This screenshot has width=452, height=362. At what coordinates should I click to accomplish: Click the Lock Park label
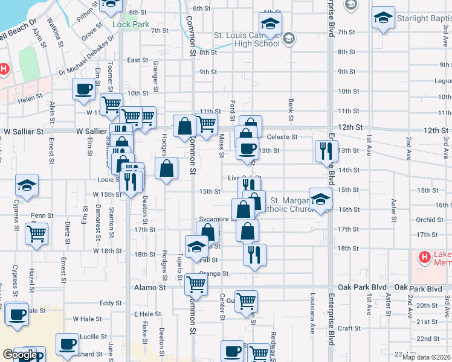point(131,25)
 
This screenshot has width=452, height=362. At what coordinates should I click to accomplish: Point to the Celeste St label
point(282,137)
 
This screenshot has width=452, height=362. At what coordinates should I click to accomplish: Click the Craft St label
point(349,327)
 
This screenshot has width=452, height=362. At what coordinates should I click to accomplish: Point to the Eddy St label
point(111,303)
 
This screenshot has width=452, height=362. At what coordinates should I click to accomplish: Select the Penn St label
point(42,215)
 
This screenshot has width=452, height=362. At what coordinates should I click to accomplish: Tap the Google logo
point(19,355)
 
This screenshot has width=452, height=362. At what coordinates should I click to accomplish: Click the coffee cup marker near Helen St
point(83,91)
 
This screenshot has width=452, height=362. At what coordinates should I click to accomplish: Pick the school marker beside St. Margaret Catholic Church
point(320,199)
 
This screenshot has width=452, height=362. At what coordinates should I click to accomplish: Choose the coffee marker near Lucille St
point(67,344)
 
